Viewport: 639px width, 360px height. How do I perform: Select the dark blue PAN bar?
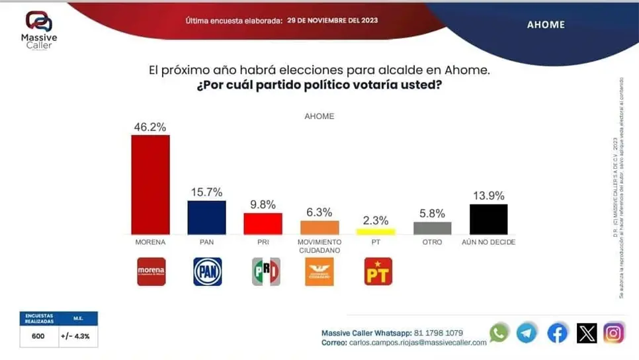point(206,217)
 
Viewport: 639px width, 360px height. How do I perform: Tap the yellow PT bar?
point(376,232)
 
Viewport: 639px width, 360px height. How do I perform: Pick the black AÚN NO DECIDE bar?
point(488,219)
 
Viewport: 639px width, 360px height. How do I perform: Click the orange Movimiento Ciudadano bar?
point(319,227)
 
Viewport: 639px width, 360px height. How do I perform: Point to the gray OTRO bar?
point(432,228)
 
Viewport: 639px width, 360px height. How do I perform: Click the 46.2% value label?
point(150,126)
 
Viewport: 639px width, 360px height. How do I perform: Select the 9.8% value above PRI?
point(263,204)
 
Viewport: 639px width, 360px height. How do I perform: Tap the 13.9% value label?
point(488,195)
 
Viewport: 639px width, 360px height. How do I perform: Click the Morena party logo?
point(151,271)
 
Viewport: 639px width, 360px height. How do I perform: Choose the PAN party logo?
point(207,271)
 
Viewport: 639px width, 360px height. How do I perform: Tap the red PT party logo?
point(378,271)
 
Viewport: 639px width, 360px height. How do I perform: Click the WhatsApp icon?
point(499,332)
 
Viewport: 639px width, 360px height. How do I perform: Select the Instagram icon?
point(613,332)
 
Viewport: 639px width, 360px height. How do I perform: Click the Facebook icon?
point(558,333)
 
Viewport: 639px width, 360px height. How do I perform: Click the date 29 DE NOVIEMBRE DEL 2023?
point(333,21)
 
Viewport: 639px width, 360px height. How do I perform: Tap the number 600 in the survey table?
point(39,336)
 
